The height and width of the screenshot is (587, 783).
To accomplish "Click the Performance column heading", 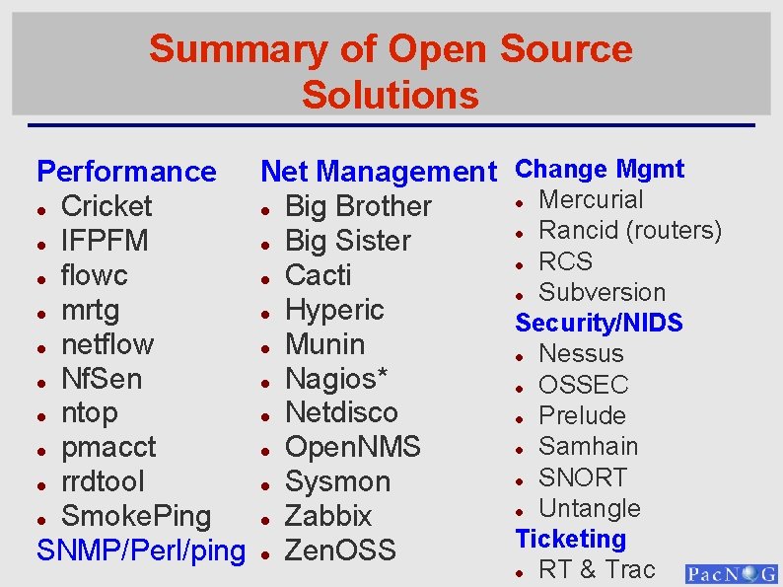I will (x=126, y=172).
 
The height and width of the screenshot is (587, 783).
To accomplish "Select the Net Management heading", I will (x=379, y=173).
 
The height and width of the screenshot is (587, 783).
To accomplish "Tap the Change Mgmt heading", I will (x=600, y=170).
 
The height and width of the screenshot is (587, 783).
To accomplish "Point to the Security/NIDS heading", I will (x=599, y=323).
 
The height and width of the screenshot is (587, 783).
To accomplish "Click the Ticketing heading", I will (x=570, y=539).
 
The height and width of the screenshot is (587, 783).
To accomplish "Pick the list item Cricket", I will (x=107, y=206).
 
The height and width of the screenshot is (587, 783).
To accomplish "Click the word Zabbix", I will (x=328, y=516).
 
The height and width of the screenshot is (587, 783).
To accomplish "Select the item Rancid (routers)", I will (x=630, y=231).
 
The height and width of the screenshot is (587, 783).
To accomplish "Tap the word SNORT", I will (x=583, y=477).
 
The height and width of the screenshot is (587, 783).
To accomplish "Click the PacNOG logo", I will (x=731, y=574).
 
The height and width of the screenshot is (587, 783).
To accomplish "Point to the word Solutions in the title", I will (x=391, y=96).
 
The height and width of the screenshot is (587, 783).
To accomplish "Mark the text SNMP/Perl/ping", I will (x=140, y=550).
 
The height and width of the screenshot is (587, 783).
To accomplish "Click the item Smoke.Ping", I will (x=136, y=516).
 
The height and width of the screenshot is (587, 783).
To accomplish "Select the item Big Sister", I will (x=347, y=241).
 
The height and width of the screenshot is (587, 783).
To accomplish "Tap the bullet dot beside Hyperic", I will (x=266, y=312).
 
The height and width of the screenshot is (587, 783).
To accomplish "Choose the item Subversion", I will (x=602, y=292).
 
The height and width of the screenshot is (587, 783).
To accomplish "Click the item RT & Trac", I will (x=597, y=569).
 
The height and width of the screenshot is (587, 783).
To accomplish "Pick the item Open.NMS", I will (x=352, y=447).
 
